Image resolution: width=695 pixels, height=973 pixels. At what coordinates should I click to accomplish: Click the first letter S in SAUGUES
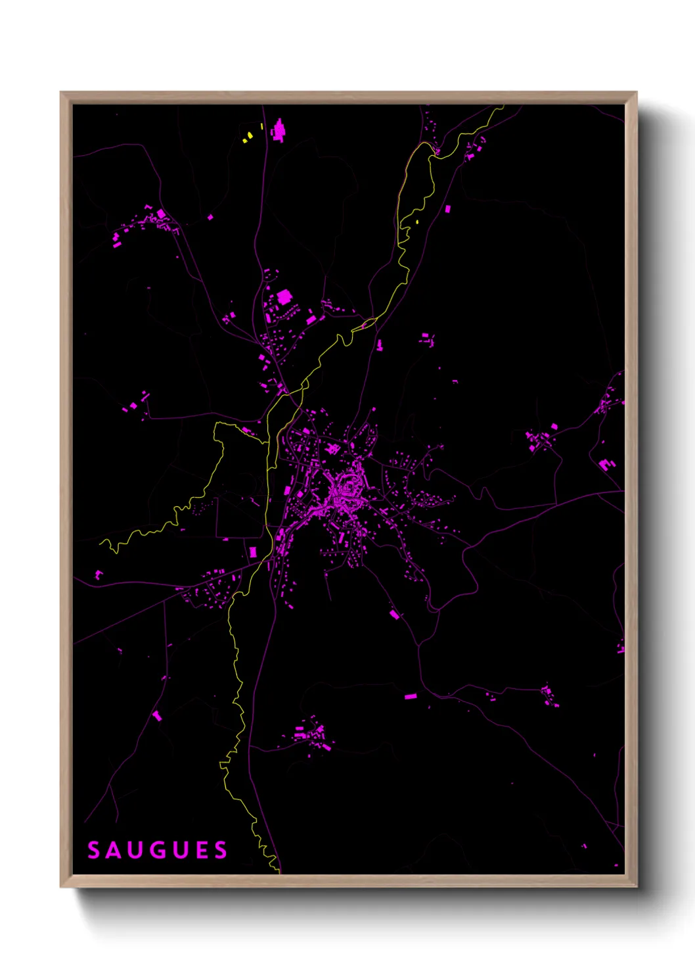point(94,850)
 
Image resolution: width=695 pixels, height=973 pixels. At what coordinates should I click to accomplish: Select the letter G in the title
point(158,850)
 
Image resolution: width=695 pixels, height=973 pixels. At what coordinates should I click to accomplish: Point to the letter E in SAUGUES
point(201,850)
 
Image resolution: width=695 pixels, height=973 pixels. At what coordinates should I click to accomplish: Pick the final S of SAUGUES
point(221,850)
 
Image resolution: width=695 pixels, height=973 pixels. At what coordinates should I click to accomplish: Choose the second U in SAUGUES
point(180,850)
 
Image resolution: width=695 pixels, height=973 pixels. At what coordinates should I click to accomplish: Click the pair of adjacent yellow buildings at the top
point(247,137)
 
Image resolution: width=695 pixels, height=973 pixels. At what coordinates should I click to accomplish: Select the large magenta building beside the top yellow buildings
point(279,130)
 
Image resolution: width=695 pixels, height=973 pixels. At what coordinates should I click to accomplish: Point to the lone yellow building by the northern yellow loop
point(417,222)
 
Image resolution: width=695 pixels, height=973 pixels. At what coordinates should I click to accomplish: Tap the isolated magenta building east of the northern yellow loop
point(448,209)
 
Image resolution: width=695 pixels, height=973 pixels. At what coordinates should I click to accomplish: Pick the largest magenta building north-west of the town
point(284,297)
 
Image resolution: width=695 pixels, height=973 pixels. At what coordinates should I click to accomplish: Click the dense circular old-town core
point(347,490)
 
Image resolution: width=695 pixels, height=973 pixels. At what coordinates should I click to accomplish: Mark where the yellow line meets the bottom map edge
point(279,872)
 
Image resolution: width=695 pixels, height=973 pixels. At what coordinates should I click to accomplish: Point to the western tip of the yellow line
point(101,543)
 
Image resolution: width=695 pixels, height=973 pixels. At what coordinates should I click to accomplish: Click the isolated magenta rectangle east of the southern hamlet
point(411,696)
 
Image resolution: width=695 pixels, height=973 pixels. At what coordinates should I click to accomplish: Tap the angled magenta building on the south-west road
point(157,715)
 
